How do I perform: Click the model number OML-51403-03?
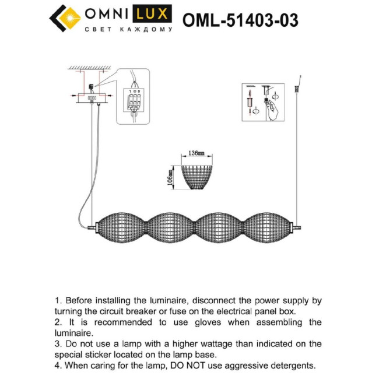(240, 20)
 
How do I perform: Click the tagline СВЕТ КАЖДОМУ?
(128, 29)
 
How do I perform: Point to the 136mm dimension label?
(196, 154)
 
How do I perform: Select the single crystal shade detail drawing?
(197, 177)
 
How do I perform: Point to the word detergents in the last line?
(289, 366)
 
